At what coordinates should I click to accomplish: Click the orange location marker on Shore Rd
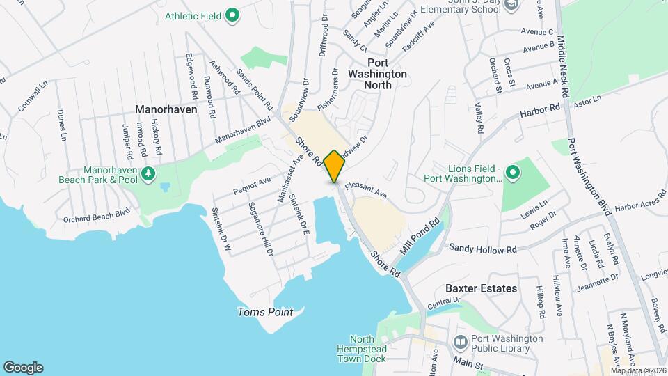334,166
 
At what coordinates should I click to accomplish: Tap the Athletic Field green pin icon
234,14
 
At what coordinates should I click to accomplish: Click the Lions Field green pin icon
512,171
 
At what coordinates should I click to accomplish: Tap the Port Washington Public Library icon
459,342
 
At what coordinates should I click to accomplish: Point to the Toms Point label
265,312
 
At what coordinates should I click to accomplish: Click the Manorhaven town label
167,109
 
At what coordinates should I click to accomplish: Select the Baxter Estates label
482,288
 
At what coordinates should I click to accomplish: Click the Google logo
23,367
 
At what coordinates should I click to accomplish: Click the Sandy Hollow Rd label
483,248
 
